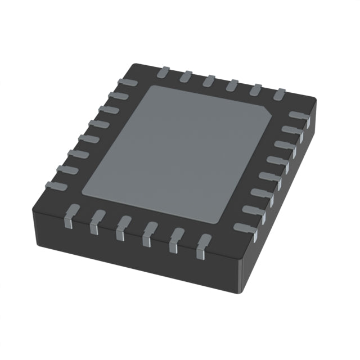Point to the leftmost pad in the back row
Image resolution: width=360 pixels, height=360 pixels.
click(x=164, y=72)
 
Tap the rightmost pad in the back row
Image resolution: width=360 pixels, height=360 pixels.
click(x=279, y=94)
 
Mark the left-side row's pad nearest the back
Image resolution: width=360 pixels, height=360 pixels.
click(x=125, y=83)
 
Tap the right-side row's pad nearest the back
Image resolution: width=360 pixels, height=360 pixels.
click(x=298, y=116)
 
